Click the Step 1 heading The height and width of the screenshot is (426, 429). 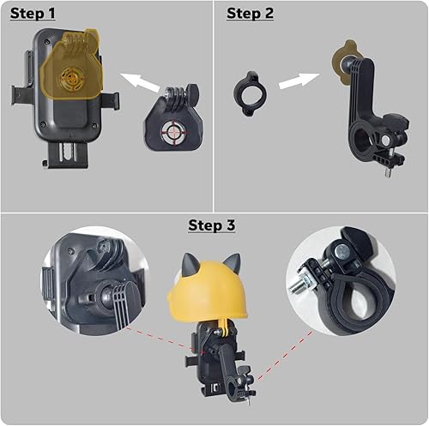(33, 14)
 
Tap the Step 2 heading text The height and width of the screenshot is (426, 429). (251, 14)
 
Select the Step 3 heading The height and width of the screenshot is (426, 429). (213, 225)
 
